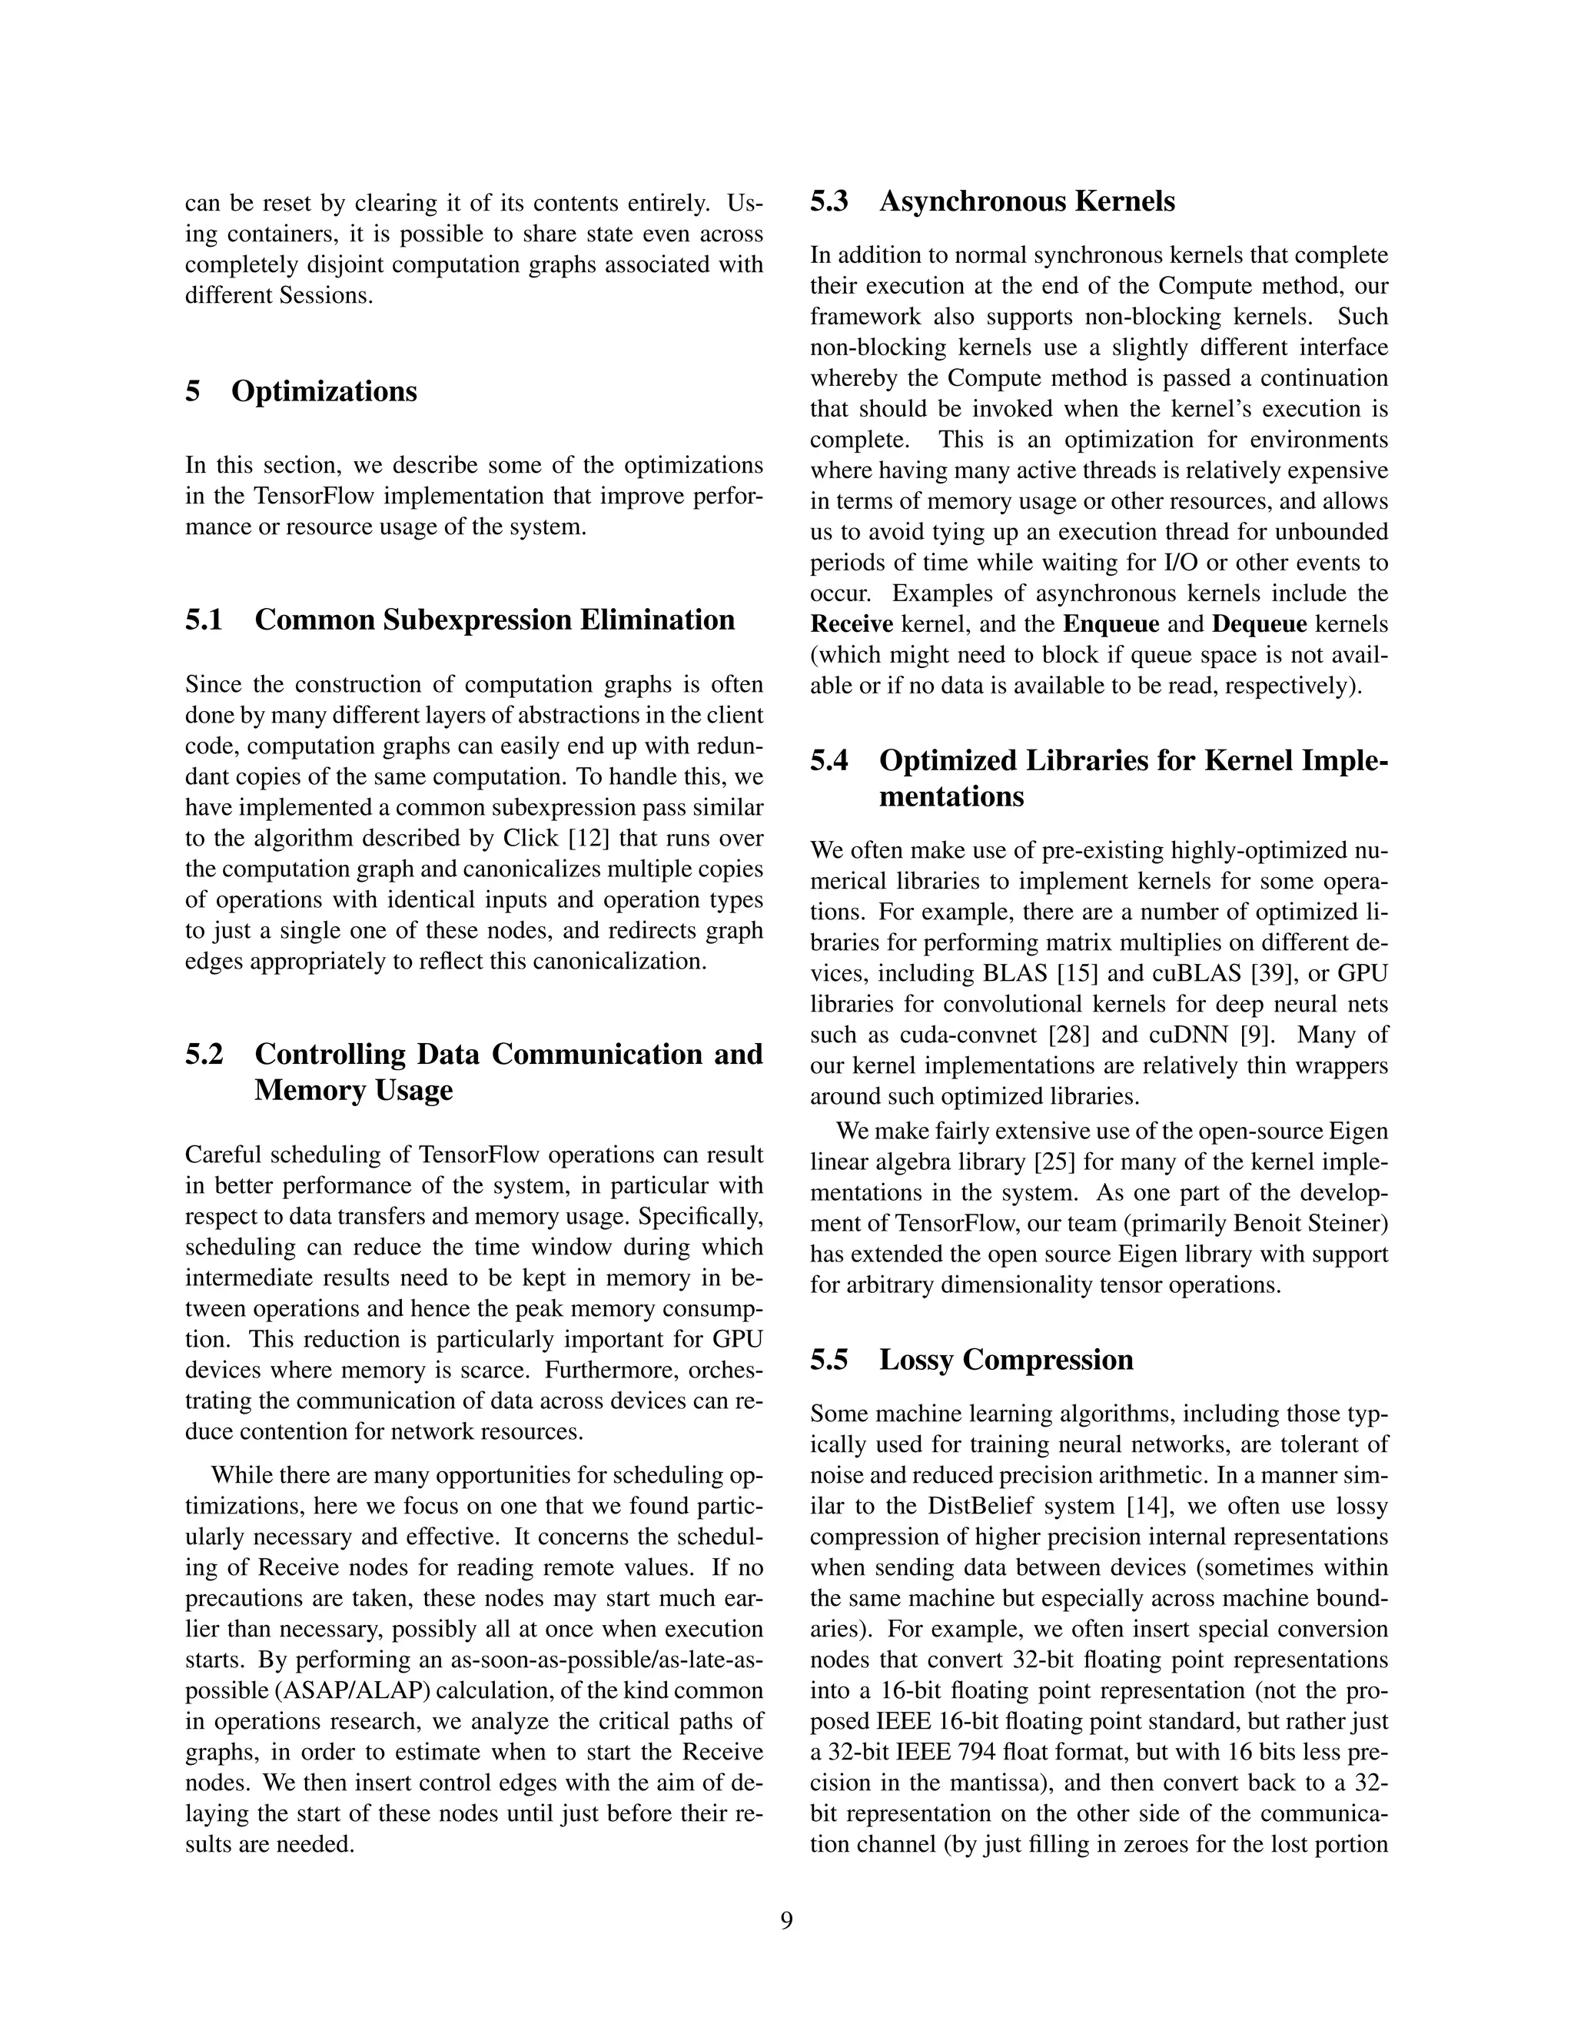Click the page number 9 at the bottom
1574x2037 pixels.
pyautogui.click(x=786, y=1920)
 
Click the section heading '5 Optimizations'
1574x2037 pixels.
pyautogui.click(x=301, y=390)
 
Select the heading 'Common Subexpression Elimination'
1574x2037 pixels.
pyautogui.click(x=494, y=620)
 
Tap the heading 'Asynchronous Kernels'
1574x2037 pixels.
pyautogui.click(x=1027, y=201)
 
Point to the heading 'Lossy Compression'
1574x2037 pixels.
pyautogui.click(x=1006, y=1359)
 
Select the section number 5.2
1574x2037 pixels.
pyautogui.click(x=204, y=1054)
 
